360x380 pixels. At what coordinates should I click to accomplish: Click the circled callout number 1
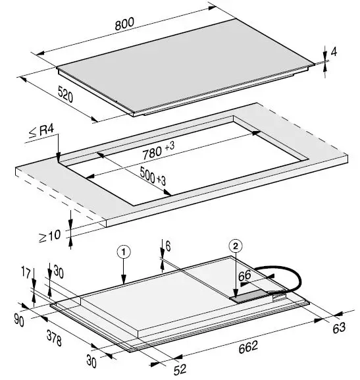coord(122,252)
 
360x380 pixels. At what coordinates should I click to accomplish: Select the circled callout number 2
coord(236,246)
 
